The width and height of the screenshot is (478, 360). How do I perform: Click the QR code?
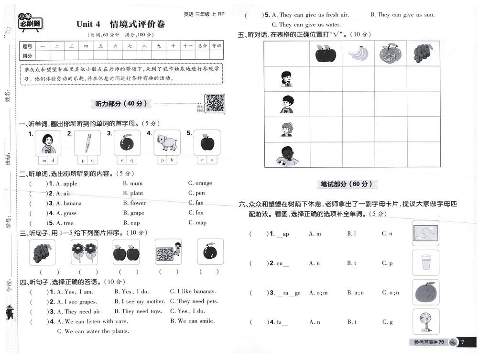215,103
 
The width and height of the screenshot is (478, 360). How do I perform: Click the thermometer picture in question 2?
87,142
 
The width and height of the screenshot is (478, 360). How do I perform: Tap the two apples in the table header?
326,54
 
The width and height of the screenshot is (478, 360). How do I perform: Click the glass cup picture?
425,262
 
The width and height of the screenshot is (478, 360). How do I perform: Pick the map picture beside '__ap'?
425,233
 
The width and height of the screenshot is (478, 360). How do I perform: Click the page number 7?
463,342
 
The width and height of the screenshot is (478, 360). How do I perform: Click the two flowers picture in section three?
84,252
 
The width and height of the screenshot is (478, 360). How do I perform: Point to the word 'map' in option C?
201,222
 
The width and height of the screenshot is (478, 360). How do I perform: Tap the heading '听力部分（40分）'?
121,103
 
